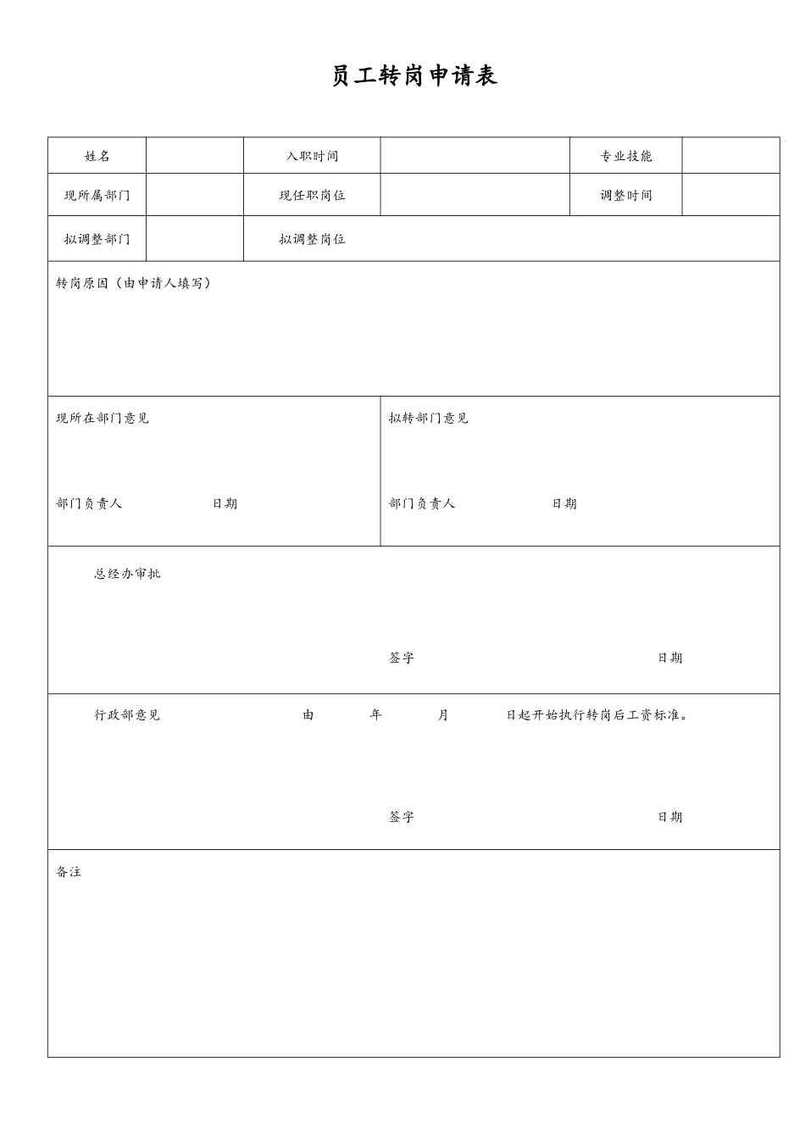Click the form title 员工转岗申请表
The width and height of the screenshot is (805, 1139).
coord(414,76)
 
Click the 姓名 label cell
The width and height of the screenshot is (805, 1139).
coord(97,156)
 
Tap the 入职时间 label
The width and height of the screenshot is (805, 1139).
coord(312,156)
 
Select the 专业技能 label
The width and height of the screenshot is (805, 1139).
coord(626,156)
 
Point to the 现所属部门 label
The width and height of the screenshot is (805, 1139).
coord(97,195)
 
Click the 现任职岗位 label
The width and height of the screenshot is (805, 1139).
coord(312,195)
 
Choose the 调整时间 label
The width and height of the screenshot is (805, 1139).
coord(626,195)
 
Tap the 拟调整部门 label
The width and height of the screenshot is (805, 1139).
coord(97,239)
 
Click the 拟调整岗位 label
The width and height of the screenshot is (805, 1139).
coord(312,239)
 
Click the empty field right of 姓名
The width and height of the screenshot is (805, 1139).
coord(195,156)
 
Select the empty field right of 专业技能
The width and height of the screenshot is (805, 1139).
coord(730,156)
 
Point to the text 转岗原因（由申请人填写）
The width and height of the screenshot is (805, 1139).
coord(134,283)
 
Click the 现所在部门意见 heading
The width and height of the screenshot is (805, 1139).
coord(103,418)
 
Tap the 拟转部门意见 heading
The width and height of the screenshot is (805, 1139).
coord(429,418)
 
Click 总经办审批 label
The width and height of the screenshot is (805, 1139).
coord(127,574)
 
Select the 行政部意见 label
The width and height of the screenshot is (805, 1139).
coord(127,714)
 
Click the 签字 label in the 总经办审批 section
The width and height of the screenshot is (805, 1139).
coord(402,658)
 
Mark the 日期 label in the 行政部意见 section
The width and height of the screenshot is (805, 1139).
coord(669,817)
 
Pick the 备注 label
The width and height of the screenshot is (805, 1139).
coord(69,872)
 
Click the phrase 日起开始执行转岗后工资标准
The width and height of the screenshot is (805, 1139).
coord(597,714)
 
